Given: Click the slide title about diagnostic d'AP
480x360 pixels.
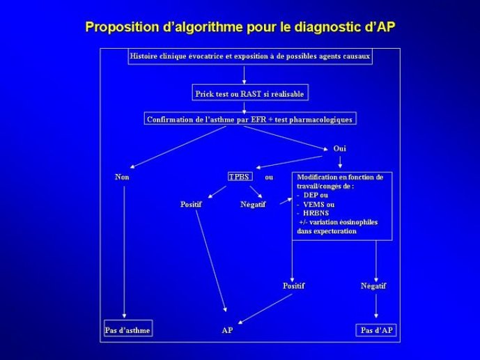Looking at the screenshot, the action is click(x=240, y=27).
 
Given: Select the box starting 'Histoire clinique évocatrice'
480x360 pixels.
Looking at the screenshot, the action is click(x=250, y=56).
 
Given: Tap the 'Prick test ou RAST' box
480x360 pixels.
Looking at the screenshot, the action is click(x=250, y=93).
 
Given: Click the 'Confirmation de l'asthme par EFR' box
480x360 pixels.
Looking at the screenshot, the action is click(x=250, y=118).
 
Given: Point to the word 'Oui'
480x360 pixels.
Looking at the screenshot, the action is click(x=340, y=148).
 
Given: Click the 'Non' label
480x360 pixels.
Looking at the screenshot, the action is click(x=122, y=177).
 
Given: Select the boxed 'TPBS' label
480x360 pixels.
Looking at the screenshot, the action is click(x=240, y=176).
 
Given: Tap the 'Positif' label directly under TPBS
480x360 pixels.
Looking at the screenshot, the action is click(x=191, y=204).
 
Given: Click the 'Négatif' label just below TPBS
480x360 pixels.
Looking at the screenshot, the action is click(x=253, y=204).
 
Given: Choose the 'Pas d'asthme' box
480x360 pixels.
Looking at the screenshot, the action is click(x=128, y=329).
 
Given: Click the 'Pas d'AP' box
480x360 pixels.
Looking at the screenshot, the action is click(x=376, y=330).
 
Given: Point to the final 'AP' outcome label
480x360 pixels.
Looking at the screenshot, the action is click(x=227, y=330).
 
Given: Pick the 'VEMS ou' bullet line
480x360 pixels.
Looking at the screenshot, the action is click(x=316, y=205).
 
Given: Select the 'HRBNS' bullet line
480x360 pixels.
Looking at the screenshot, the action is click(x=313, y=213).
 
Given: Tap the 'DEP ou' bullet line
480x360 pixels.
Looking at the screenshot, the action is click(x=313, y=196).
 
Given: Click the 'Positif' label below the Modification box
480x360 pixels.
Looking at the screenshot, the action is click(x=293, y=286).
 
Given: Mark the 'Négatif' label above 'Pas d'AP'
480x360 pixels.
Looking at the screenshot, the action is click(x=373, y=286).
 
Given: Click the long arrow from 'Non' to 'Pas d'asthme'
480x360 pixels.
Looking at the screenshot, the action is click(x=124, y=252).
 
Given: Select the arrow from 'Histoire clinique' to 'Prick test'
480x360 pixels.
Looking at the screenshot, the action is click(x=244, y=75).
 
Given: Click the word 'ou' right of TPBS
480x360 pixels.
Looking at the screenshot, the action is click(x=269, y=178).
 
